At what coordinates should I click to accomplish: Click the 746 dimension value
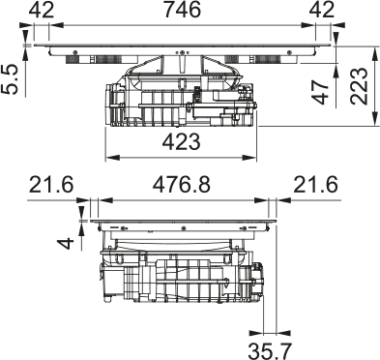pyautogui.click(x=182, y=10)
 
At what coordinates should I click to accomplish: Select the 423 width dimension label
pyautogui.click(x=182, y=141)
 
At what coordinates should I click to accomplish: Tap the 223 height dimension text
pyautogui.click(x=360, y=86)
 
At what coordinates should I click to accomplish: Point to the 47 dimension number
pyautogui.click(x=321, y=92)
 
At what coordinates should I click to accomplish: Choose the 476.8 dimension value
pyautogui.click(x=182, y=185)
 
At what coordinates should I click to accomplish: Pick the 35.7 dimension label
pyautogui.click(x=270, y=351)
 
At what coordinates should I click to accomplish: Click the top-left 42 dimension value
pyautogui.click(x=42, y=10)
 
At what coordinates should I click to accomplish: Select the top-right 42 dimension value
pyautogui.click(x=322, y=10)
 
